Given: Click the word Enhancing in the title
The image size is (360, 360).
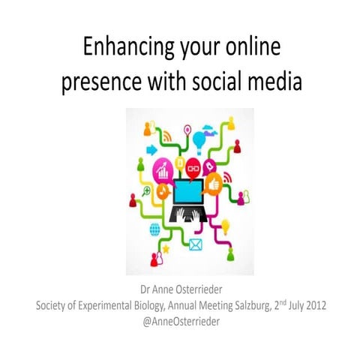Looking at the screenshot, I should point(121,48).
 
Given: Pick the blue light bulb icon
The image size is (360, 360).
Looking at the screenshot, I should point(199,139).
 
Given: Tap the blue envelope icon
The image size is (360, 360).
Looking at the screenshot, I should point(196,244).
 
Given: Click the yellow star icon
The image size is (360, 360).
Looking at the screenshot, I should point(166,247).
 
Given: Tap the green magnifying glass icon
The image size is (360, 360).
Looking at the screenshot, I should point(148,192).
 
